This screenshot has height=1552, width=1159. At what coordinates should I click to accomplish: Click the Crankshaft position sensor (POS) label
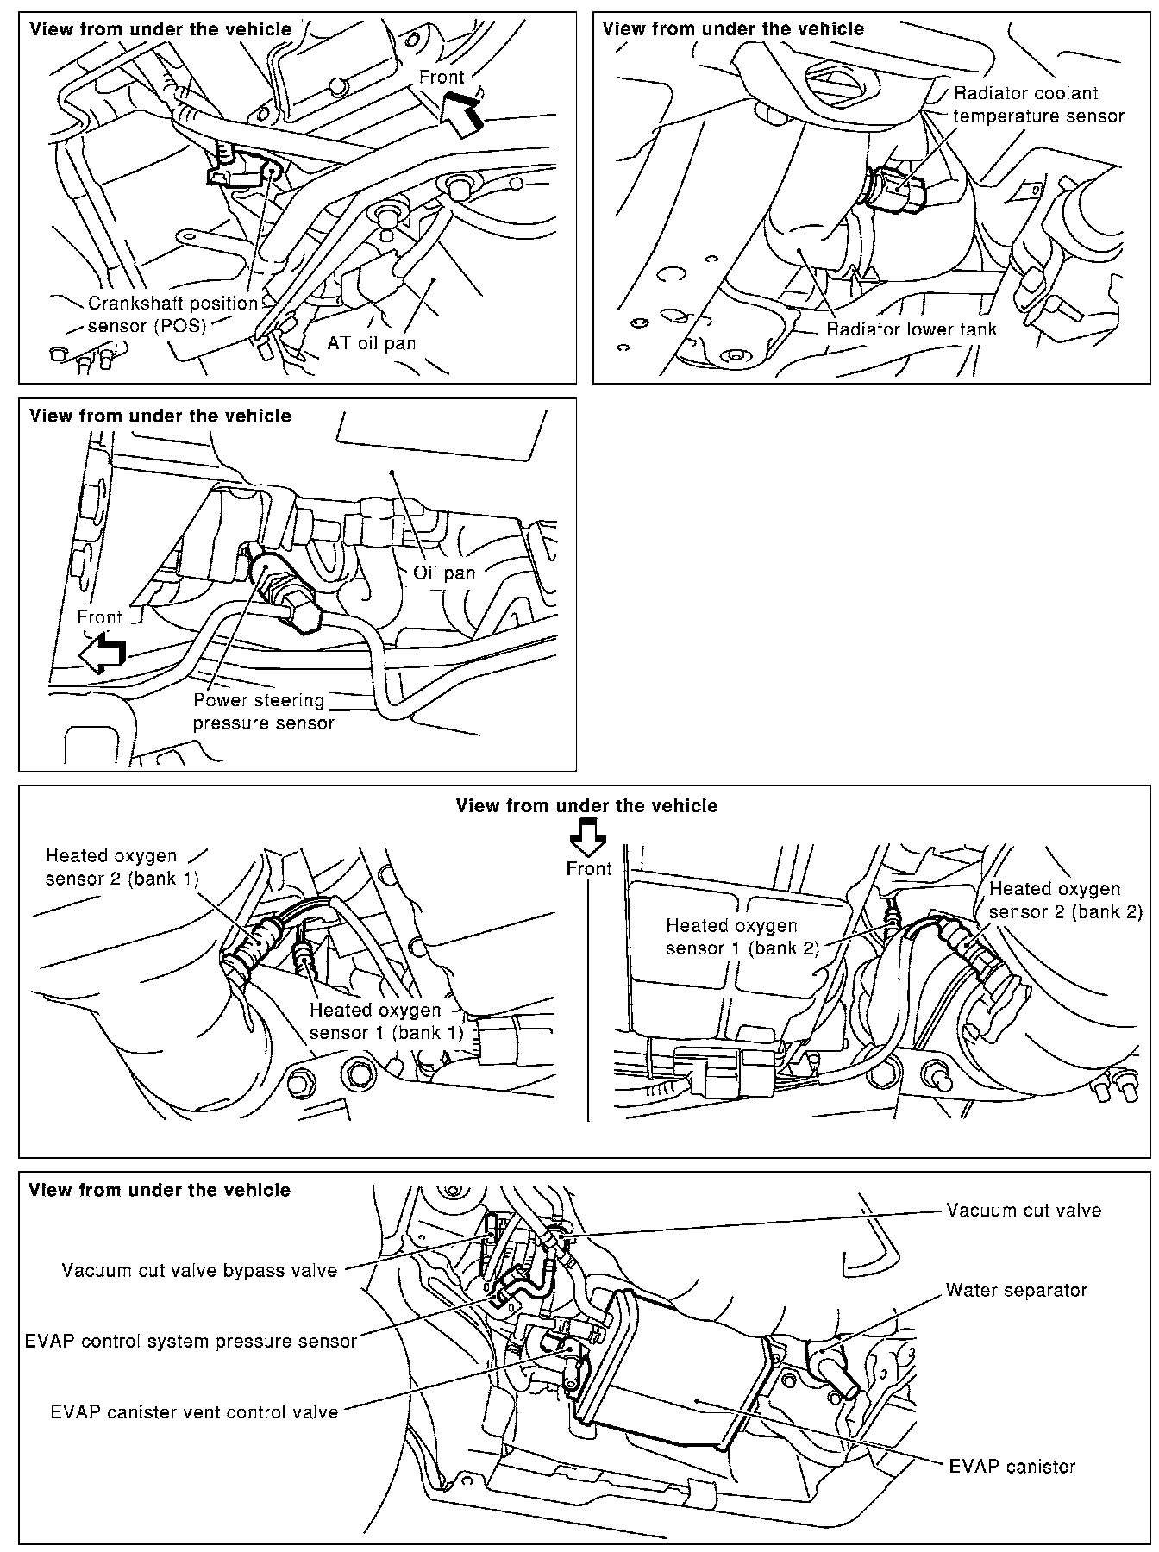point(172,315)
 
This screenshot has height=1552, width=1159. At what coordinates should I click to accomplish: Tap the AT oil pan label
point(371,342)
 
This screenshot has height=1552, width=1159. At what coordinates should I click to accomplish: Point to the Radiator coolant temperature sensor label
point(1038,104)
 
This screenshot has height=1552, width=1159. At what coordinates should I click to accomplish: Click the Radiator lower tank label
point(911,329)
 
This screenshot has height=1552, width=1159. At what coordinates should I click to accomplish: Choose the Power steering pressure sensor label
point(263,711)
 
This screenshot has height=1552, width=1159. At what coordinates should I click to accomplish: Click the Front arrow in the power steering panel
point(102,654)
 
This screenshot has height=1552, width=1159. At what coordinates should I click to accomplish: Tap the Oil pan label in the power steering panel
point(444,572)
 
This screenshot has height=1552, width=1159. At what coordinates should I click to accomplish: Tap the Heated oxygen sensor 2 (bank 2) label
point(1065,899)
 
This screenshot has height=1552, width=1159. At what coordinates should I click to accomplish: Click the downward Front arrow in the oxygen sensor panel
point(590,835)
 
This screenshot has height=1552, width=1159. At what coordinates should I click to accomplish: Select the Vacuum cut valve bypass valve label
point(199,1270)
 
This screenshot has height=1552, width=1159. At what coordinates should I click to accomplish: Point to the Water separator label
point(1016,1290)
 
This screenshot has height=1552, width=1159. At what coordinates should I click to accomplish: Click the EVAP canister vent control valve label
point(194,1412)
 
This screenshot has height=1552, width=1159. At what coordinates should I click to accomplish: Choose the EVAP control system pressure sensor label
point(191,1341)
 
